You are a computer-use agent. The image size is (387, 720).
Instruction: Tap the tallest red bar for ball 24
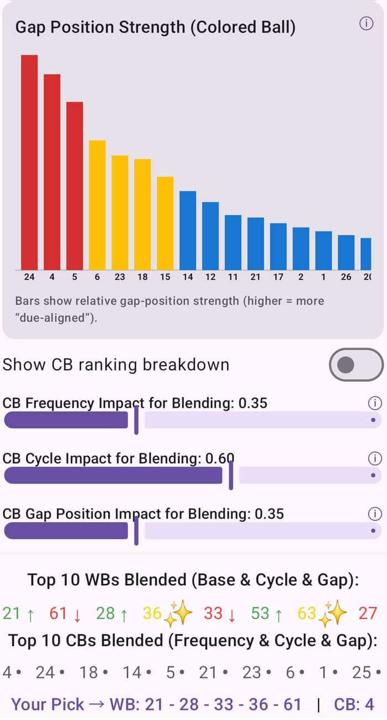(x=29, y=162)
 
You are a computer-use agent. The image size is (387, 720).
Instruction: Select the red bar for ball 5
(x=75, y=186)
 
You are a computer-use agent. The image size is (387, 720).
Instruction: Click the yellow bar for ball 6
(x=97, y=205)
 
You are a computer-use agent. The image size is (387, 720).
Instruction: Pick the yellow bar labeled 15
(x=165, y=223)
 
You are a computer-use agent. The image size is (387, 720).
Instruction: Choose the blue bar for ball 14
(x=188, y=230)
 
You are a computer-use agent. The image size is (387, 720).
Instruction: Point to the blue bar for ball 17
(x=278, y=246)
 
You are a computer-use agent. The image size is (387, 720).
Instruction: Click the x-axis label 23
(x=119, y=277)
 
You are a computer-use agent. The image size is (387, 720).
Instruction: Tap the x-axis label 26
(x=346, y=277)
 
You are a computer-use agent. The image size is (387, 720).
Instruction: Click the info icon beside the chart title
(x=366, y=23)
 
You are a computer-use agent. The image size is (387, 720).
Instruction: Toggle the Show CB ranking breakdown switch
(x=356, y=365)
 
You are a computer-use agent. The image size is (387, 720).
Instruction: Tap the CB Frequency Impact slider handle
(x=136, y=420)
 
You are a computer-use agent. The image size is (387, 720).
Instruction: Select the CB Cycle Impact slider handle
(x=231, y=475)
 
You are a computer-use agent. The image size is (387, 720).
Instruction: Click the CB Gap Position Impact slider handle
(x=136, y=530)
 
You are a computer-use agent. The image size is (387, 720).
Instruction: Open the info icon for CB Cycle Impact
(x=375, y=458)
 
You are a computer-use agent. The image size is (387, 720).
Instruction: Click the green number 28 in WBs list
(x=105, y=613)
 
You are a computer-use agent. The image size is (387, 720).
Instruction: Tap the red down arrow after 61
(x=77, y=616)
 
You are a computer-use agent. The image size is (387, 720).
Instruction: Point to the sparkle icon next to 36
(x=178, y=613)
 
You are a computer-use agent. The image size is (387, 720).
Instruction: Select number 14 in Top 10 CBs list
(x=132, y=672)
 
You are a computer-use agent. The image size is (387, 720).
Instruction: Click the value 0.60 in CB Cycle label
(x=219, y=458)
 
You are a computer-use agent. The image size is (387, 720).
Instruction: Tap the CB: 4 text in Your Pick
(x=354, y=705)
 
